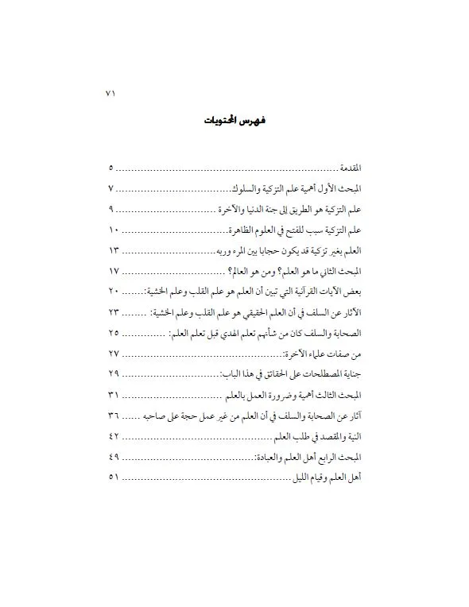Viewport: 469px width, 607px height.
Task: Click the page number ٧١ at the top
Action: pos(110,92)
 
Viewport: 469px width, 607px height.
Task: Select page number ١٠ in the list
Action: pos(112,230)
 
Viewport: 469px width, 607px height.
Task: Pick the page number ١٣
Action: pos(112,250)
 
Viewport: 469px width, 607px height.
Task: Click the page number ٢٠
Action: pos(112,291)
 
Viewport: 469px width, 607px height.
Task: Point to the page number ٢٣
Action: pos(112,311)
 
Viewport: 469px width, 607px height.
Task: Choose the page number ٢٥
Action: pos(112,331)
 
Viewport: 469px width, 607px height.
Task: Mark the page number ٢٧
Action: pos(112,351)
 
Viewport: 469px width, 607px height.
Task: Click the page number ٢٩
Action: pos(112,371)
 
